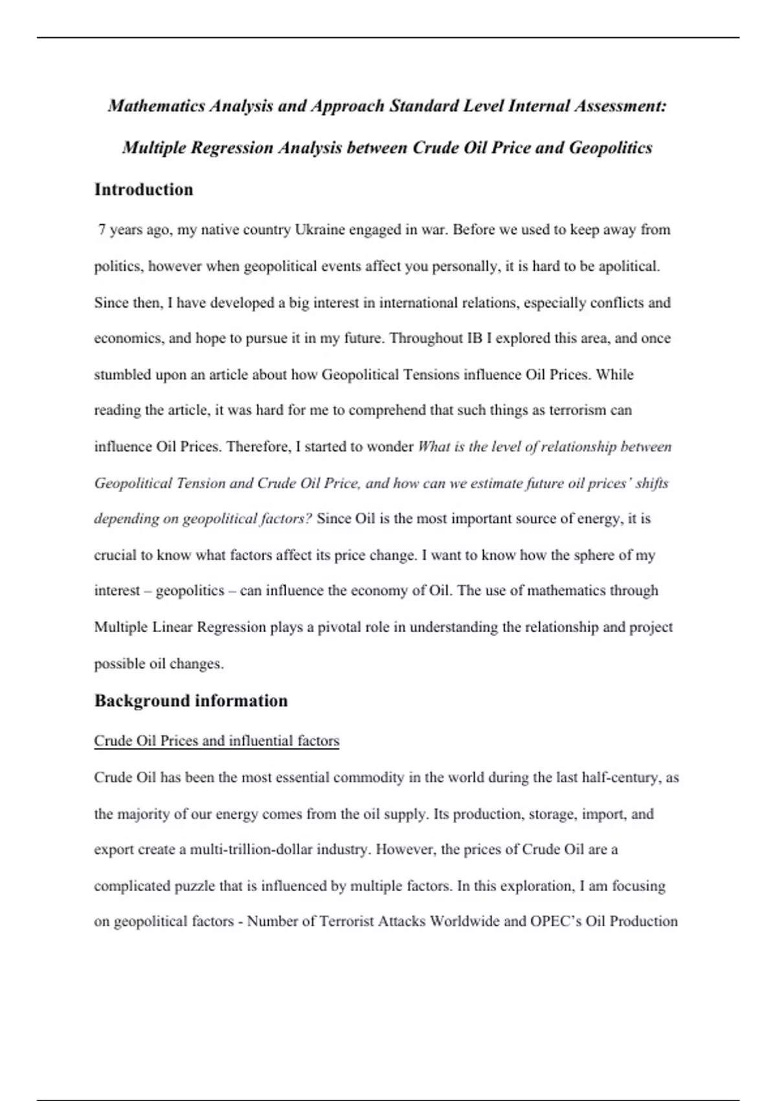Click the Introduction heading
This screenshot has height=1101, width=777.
click(144, 190)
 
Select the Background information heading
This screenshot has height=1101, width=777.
click(191, 701)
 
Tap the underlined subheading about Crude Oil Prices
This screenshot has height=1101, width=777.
click(216, 741)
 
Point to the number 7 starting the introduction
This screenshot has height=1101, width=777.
click(102, 230)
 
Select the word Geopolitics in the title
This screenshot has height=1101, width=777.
click(610, 148)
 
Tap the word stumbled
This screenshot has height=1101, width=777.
click(122, 375)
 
